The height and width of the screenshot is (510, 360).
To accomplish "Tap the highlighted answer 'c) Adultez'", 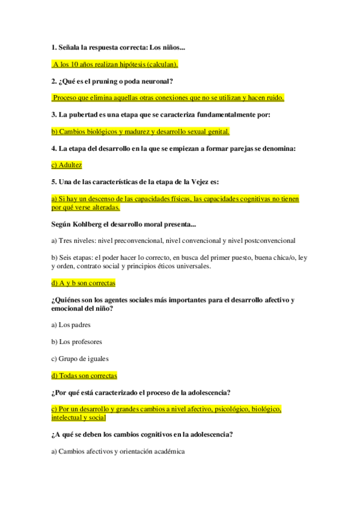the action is click(67, 165).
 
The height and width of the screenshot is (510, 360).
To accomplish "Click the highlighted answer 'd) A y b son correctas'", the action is click(84, 283).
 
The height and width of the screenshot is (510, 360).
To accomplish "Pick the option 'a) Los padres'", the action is click(71, 325).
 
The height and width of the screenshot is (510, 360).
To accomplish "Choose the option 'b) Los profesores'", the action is click(77, 342).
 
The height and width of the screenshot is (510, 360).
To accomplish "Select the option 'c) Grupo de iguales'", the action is click(80, 358).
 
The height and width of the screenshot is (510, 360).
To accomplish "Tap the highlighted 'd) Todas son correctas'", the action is click(84, 375).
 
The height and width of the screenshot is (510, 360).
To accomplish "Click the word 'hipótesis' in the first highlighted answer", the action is click(126, 64).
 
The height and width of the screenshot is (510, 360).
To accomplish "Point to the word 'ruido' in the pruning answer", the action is click(273, 97).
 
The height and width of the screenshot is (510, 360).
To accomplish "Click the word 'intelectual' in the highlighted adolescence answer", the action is click(67, 417).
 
